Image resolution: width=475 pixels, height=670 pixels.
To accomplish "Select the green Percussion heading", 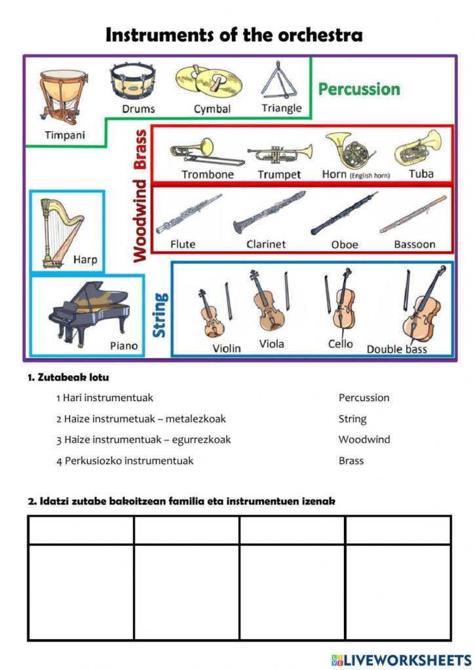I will [x=358, y=89].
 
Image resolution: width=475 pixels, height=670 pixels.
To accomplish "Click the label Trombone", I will [x=208, y=175].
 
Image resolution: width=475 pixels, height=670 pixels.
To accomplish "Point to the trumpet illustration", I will [x=280, y=154].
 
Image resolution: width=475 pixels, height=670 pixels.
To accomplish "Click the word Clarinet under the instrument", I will [x=266, y=244].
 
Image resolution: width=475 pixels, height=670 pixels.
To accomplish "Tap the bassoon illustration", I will [x=413, y=215].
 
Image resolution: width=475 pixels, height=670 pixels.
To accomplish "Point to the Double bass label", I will [x=396, y=349].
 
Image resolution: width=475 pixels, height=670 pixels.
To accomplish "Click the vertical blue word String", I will [x=160, y=315].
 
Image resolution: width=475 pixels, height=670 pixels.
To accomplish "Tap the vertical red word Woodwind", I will [x=139, y=222].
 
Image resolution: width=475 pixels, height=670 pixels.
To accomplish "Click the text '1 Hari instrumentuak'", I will [x=105, y=398].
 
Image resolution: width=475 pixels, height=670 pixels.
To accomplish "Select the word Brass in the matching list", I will [x=351, y=461].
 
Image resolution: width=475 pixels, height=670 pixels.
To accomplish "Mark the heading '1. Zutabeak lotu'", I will [x=68, y=378].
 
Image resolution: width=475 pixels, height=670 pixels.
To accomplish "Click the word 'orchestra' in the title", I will [x=314, y=35].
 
